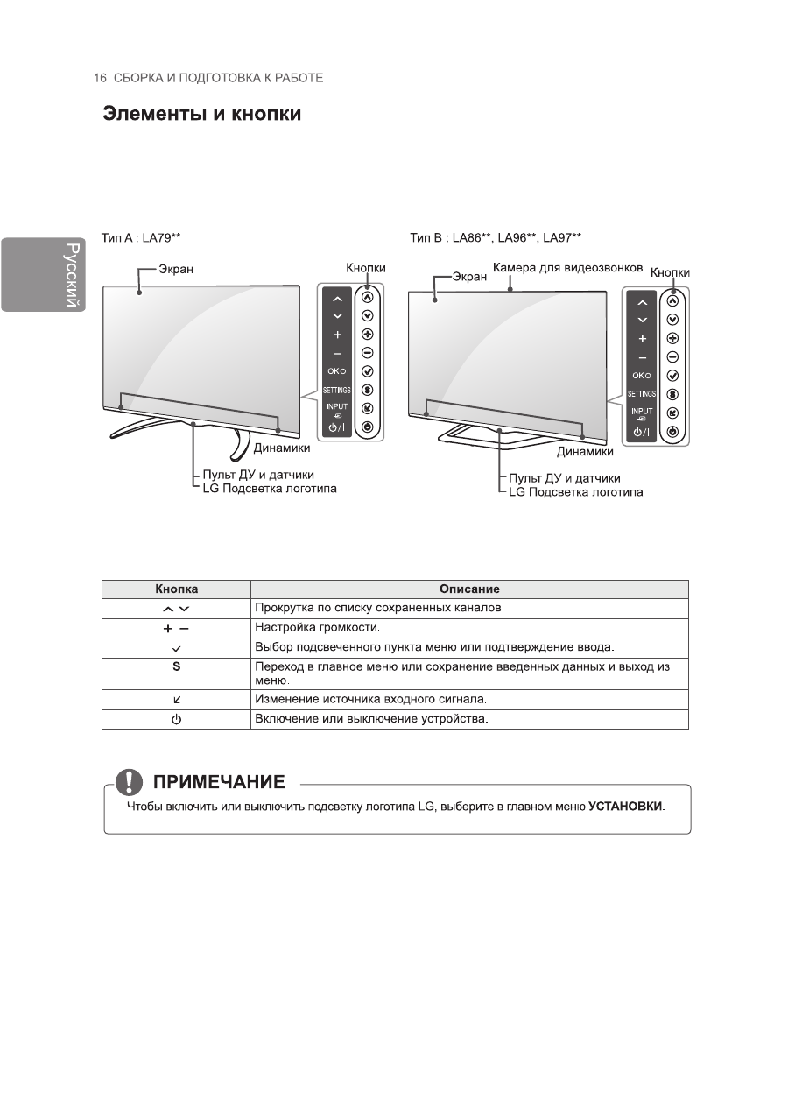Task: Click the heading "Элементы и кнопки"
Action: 202,115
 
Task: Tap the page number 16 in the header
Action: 100,78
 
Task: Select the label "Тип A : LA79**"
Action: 141,236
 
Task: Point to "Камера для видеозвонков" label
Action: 568,267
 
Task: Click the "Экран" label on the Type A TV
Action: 176,271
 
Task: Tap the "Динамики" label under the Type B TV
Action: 585,453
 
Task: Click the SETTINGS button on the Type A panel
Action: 337,390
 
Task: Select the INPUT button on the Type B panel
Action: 642,413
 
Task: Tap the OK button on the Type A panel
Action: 337,371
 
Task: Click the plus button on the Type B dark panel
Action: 642,339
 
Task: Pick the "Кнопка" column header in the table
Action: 176,589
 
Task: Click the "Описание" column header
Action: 469,589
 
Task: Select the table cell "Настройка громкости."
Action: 317,627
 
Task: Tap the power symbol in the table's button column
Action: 176,719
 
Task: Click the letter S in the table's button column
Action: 176,666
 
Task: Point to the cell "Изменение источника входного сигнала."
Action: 369,699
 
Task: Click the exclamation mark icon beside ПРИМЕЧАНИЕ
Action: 130,780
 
